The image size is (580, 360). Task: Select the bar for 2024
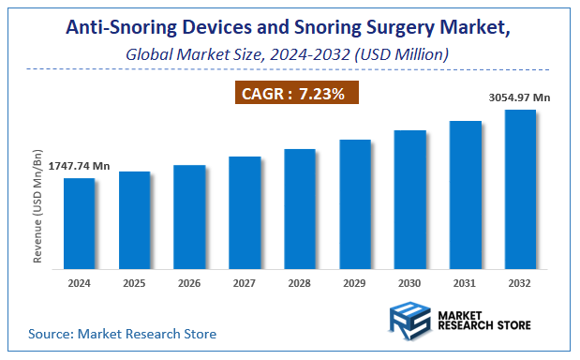point(80,222)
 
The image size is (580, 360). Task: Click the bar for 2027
point(245,212)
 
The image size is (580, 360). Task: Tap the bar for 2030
point(410,199)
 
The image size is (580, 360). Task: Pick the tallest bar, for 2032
point(520,188)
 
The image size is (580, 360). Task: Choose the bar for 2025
point(135,219)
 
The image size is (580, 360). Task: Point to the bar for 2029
point(355,203)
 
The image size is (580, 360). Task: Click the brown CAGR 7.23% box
point(295,93)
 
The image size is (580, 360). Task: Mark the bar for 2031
point(466,194)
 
